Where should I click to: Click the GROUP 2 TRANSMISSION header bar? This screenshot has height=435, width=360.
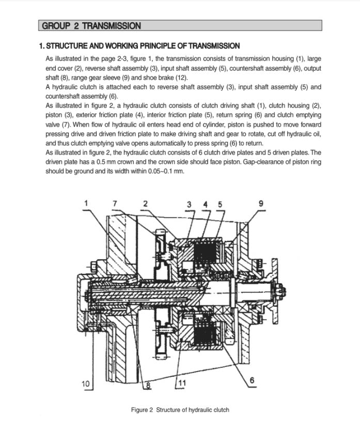[x=180, y=25]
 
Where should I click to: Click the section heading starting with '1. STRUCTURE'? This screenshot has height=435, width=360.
[x=139, y=46]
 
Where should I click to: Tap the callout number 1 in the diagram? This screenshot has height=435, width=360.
[x=86, y=203]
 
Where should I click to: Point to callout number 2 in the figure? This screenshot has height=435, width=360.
[x=145, y=203]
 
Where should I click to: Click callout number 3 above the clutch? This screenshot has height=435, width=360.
[x=189, y=203]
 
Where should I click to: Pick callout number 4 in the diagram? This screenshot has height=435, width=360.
[x=205, y=203]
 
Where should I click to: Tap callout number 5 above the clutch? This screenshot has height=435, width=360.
[x=220, y=203]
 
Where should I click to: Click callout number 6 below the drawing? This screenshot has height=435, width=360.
[x=252, y=381]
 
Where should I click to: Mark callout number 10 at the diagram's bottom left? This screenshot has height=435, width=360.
[x=86, y=383]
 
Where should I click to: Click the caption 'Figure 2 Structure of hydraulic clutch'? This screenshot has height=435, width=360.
[x=180, y=410]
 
